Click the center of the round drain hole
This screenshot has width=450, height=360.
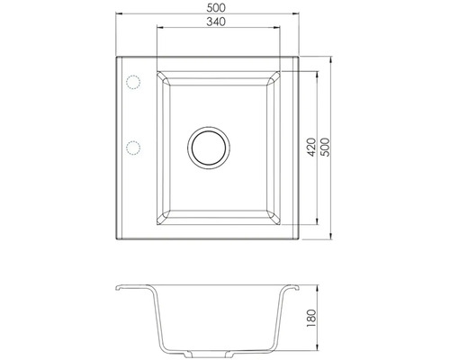208,146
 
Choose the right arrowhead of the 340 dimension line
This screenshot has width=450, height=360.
270,30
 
